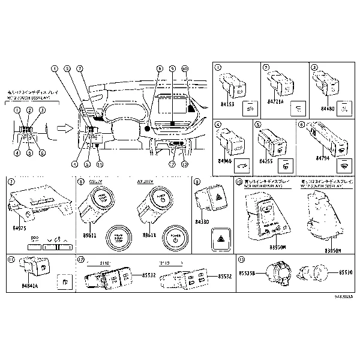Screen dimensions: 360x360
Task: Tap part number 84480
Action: (328, 109)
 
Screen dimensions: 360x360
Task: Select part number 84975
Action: (20, 229)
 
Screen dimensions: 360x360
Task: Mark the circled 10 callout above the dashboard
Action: (184, 69)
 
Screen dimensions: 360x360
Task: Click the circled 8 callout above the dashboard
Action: (159, 69)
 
